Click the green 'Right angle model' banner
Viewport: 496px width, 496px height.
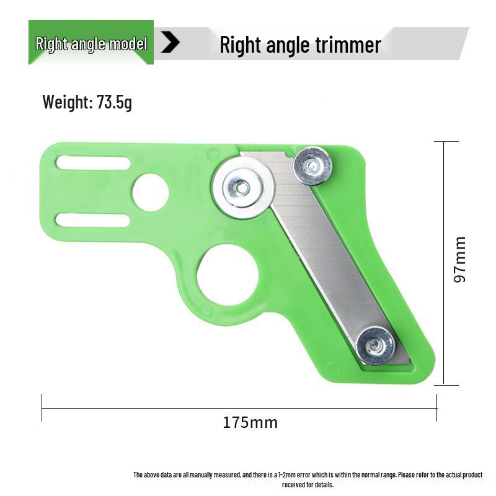pyautogui.click(x=91, y=43)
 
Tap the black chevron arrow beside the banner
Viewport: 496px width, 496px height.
pyautogui.click(x=170, y=43)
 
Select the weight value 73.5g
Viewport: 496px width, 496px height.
pyautogui.click(x=114, y=102)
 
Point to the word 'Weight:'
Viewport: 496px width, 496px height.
pyautogui.click(x=67, y=102)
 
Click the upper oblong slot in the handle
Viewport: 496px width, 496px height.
pyautogui.click(x=93, y=163)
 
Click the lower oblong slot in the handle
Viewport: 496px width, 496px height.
pyautogui.click(x=93, y=220)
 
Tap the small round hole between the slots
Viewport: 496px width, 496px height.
pyautogui.click(x=150, y=192)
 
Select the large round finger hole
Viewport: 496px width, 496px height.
pyautogui.click(x=228, y=275)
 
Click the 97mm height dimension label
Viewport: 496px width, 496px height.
pyautogui.click(x=459, y=259)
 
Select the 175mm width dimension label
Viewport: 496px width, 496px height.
pyautogui.click(x=250, y=423)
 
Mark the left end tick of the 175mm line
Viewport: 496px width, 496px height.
pyautogui.click(x=42, y=408)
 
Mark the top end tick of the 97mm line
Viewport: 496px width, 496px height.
pyautogui.click(x=446, y=142)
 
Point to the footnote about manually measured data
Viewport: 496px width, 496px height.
pyautogui.click(x=308, y=479)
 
